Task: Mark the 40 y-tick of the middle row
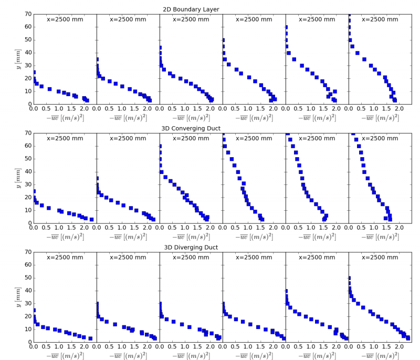point(28,172)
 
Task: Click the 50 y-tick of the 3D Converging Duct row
point(28,159)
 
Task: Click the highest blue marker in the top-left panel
point(34,72)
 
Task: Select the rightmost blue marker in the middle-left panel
point(91,219)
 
